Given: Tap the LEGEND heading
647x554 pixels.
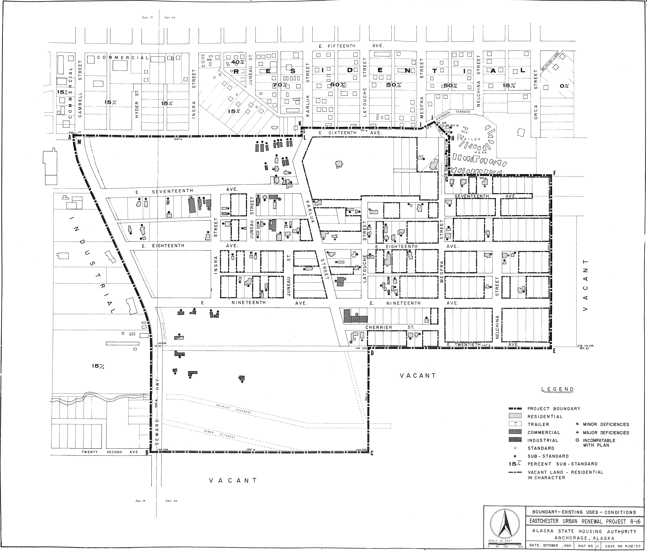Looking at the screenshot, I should tap(558, 389).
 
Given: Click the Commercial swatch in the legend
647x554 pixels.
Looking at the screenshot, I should tap(515, 432).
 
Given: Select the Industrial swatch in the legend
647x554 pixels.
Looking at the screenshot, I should tap(515, 440).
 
